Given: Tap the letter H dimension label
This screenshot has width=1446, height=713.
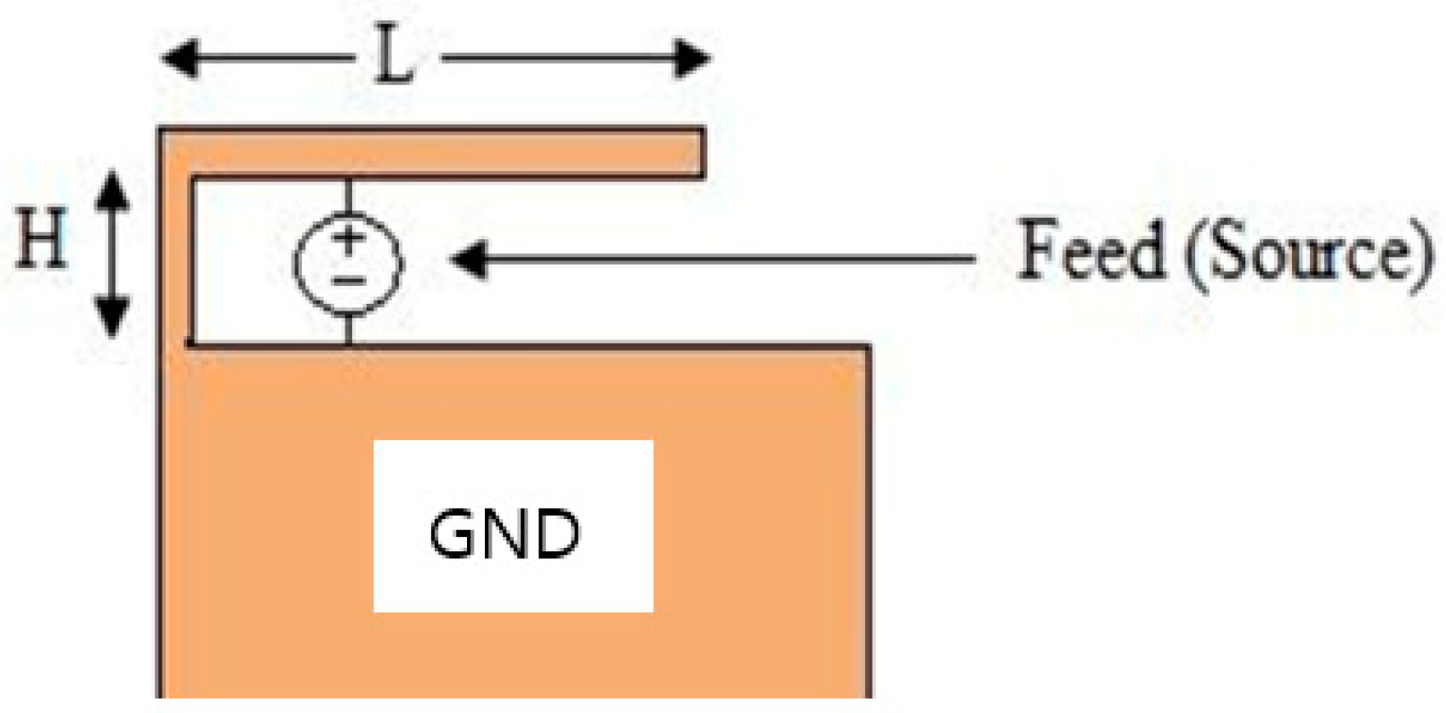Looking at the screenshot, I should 41,241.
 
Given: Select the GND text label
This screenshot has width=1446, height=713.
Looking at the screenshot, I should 504,534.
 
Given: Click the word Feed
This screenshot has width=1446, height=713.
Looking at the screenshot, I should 1091,250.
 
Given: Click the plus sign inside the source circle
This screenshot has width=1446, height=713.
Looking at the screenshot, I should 347,239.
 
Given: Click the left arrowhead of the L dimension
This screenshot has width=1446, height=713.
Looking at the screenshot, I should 179,59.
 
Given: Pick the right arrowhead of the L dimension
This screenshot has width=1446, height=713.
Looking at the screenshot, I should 692,59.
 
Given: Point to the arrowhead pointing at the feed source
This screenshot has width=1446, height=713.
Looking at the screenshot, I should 468,259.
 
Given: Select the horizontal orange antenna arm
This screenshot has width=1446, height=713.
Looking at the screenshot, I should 442,153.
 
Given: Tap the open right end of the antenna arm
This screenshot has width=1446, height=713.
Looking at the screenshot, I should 702,153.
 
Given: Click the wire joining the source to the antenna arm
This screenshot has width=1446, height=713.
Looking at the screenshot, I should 348,195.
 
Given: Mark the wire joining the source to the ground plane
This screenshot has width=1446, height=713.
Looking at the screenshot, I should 348,330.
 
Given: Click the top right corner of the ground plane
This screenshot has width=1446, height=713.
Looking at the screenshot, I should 868,347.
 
